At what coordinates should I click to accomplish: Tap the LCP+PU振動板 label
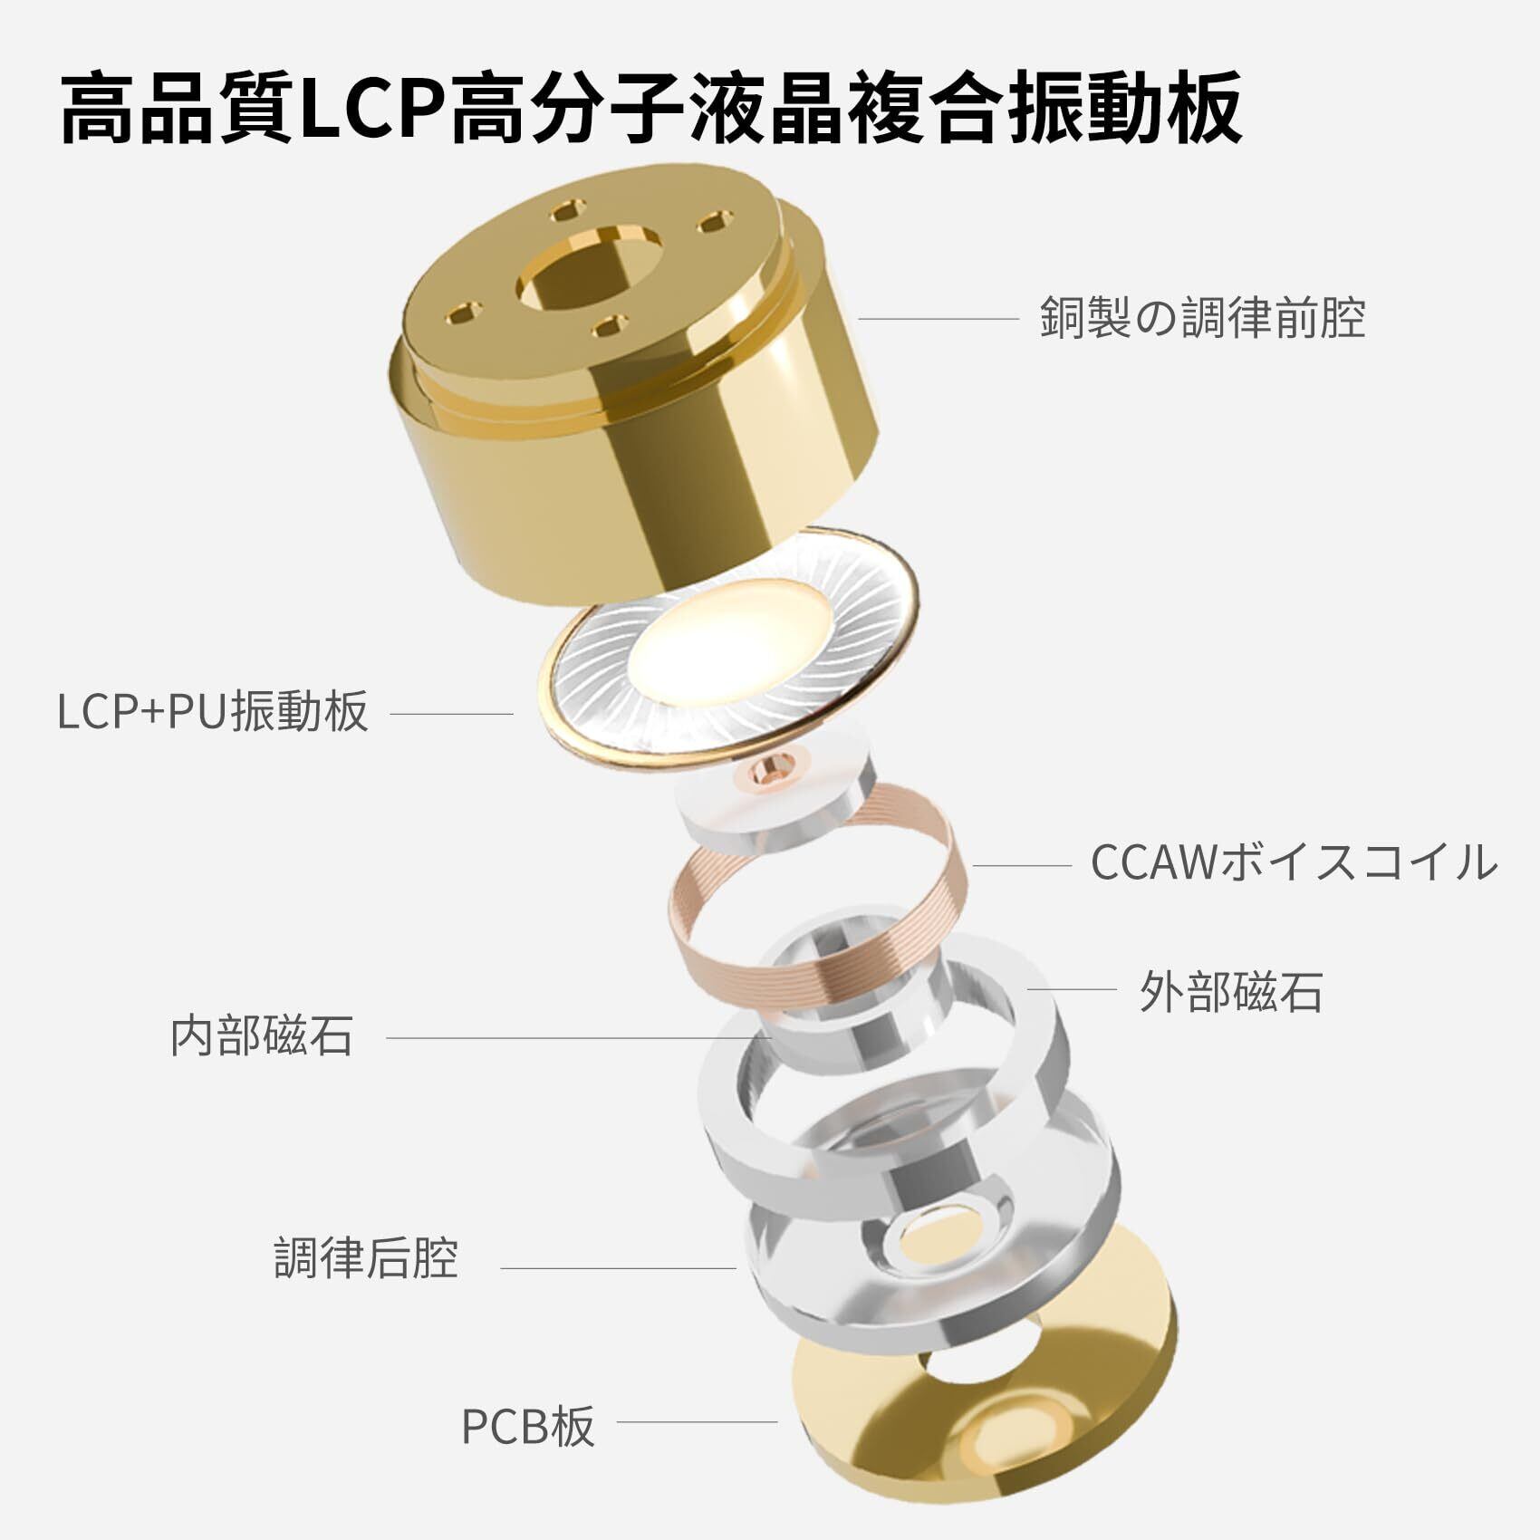(212, 711)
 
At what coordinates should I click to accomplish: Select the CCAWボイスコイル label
(1293, 862)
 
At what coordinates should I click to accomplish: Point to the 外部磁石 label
(1230, 992)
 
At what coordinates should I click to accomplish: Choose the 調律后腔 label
(366, 1258)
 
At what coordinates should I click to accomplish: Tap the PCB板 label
(527, 1426)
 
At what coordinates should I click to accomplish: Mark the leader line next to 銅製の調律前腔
(938, 319)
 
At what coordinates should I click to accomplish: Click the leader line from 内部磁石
(571, 1037)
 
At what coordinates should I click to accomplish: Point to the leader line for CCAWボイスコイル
(1022, 865)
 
